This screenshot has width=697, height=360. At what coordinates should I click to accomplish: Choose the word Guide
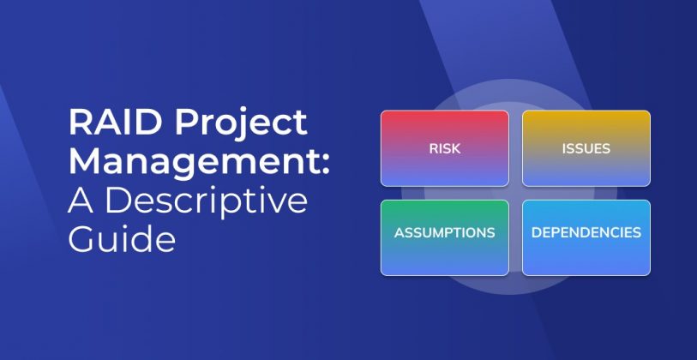tap(122, 238)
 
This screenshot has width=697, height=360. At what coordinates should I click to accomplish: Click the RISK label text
tap(445, 148)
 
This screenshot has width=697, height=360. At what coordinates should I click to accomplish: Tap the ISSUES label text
tap(586, 148)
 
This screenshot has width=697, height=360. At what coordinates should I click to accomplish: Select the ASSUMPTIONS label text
tap(444, 233)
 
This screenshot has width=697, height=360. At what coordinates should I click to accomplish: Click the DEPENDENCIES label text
tap(586, 233)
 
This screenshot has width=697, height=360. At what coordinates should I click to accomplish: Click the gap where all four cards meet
tap(515, 193)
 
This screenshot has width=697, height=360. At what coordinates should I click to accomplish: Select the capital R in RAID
tap(80, 123)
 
